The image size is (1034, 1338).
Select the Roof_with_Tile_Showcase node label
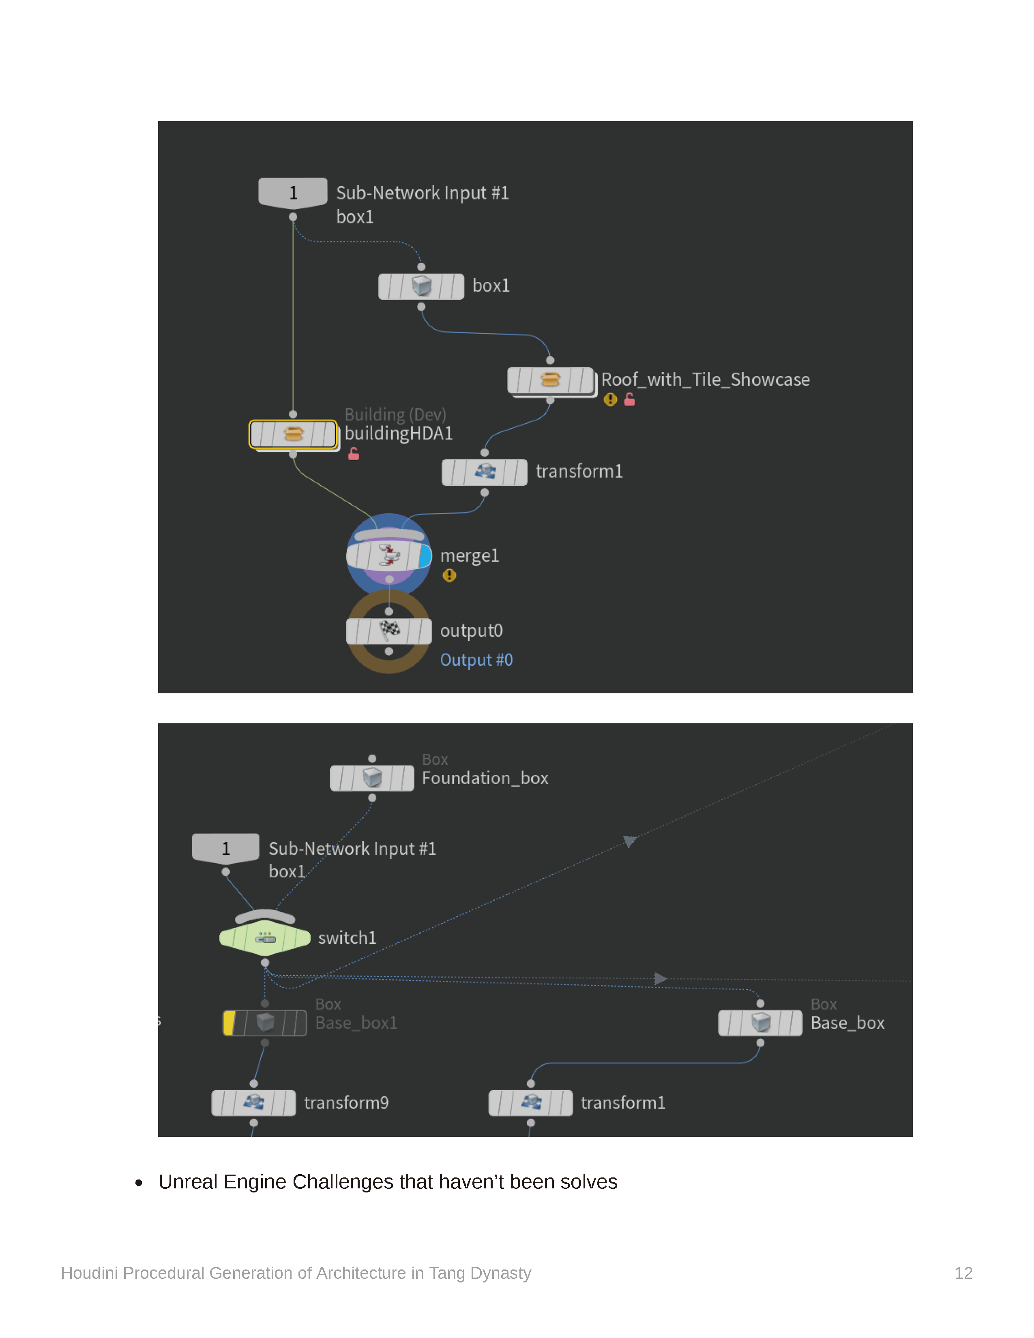click(705, 380)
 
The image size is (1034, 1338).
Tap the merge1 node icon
click(389, 555)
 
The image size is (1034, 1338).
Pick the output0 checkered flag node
click(389, 631)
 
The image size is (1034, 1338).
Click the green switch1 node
click(265, 937)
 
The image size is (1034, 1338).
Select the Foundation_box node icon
click(372, 778)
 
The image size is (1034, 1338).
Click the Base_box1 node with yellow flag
click(265, 1023)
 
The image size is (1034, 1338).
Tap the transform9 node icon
click(253, 1103)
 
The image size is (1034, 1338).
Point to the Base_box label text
click(847, 1023)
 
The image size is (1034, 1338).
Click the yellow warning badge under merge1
click(449, 575)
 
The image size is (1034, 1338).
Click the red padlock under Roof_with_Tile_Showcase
click(629, 399)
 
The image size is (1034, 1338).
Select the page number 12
click(963, 1273)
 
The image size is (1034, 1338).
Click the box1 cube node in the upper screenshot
click(421, 286)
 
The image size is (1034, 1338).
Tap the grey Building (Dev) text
click(395, 415)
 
